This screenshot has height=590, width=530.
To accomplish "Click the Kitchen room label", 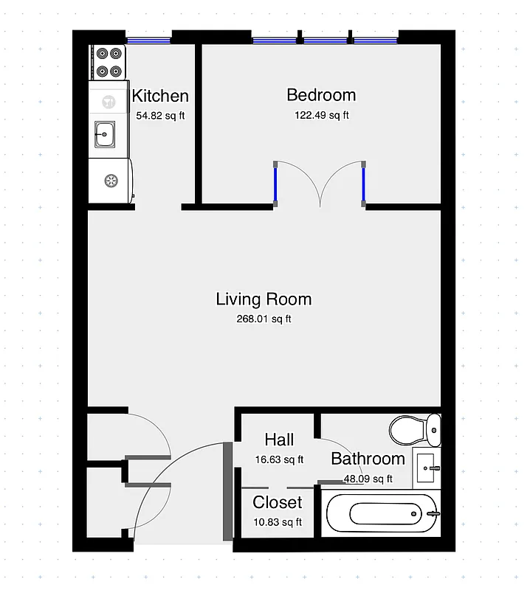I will pyautogui.click(x=160, y=96).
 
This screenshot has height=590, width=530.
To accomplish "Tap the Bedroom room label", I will pyautogui.click(x=321, y=95).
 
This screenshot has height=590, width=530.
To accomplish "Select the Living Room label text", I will pyautogui.click(x=264, y=299).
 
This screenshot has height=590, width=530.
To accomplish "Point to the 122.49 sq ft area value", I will pyautogui.click(x=321, y=115).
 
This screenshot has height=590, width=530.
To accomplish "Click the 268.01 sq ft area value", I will pyautogui.click(x=264, y=319).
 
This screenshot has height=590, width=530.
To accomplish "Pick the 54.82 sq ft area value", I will pyautogui.click(x=160, y=116).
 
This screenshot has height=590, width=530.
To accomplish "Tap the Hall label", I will pyautogui.click(x=279, y=440).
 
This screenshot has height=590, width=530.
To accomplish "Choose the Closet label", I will pyautogui.click(x=278, y=503).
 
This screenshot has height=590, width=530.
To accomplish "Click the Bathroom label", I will pyautogui.click(x=368, y=459).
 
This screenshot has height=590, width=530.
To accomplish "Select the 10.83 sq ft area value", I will pyautogui.click(x=278, y=522).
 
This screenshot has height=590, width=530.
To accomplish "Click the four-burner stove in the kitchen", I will pyautogui.click(x=109, y=63).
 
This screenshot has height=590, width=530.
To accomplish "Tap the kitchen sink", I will pyautogui.click(x=105, y=133).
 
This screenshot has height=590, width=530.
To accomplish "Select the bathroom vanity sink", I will pyautogui.click(x=426, y=465).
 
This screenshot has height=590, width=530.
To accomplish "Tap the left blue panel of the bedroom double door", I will pyautogui.click(x=275, y=184).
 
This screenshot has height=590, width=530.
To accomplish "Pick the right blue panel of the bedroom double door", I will pyautogui.click(x=363, y=184).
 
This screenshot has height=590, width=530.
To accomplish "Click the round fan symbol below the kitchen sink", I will pyautogui.click(x=111, y=180).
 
